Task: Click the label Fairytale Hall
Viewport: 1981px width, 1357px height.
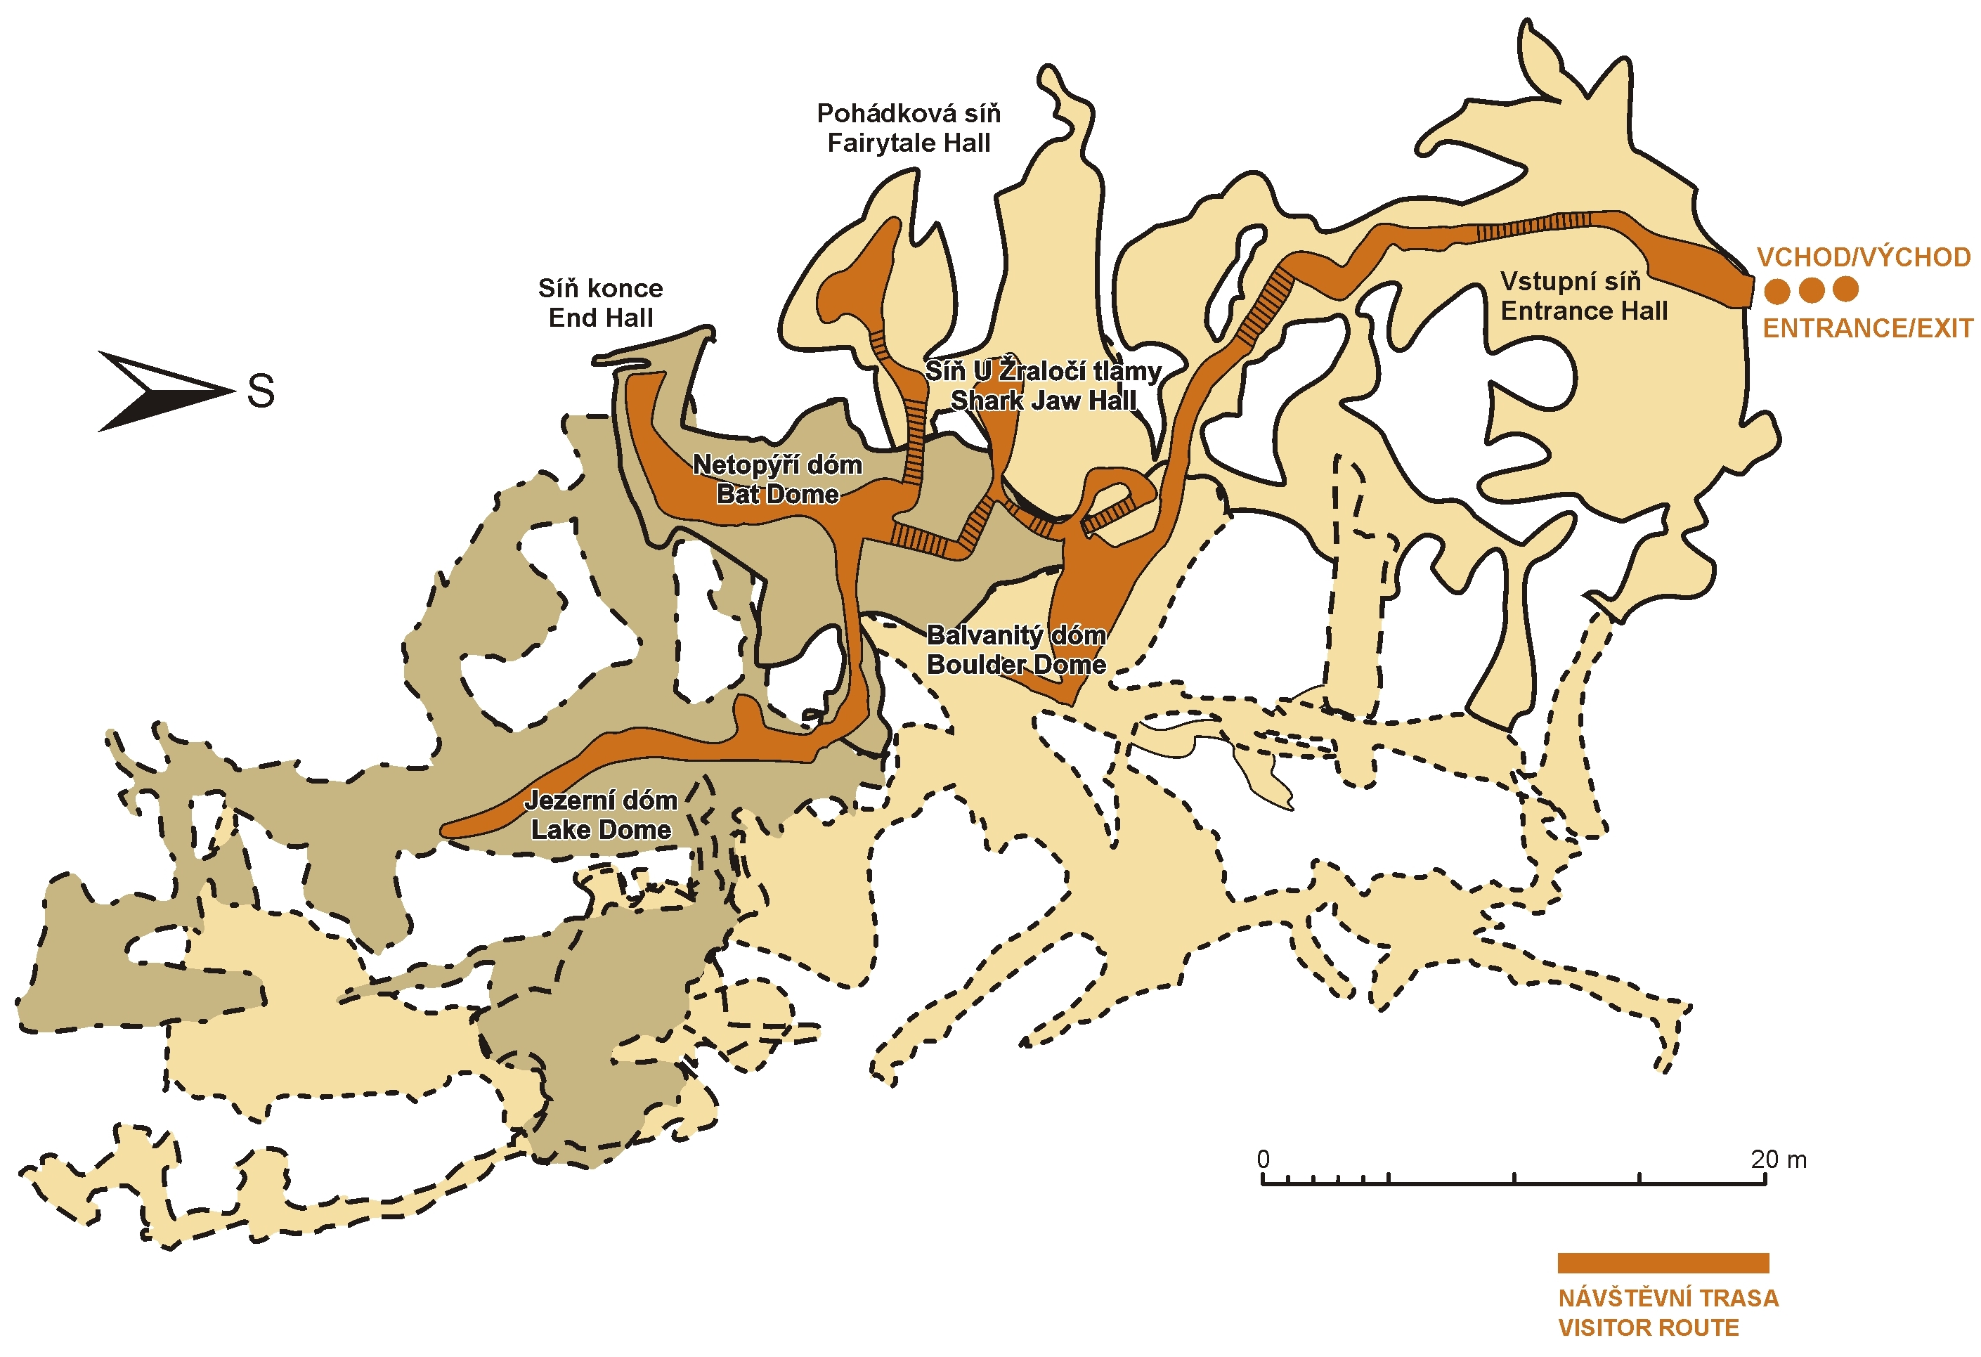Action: coord(909,143)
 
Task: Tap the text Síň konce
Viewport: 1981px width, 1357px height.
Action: coord(600,288)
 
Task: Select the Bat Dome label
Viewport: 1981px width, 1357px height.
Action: coord(777,495)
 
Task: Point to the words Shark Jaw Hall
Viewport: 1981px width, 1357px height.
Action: coord(1044,401)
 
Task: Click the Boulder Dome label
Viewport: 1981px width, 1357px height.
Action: coord(1016,665)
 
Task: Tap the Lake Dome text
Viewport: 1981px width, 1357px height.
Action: coord(601,830)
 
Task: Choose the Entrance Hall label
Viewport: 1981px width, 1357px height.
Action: coord(1584,311)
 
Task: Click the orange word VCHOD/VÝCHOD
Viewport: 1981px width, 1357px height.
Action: coord(1864,257)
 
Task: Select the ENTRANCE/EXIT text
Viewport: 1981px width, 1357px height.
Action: coord(1866,328)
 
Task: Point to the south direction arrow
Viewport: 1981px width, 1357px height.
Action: coord(162,391)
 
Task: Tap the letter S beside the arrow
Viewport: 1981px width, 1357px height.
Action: coord(261,392)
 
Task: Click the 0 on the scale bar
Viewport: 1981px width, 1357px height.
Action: coord(1264,1160)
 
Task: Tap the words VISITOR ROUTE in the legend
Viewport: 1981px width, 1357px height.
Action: coord(1648,1328)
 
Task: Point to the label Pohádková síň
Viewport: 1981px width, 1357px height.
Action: coord(909,113)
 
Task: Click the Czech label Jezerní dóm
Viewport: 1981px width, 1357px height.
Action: coord(601,800)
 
